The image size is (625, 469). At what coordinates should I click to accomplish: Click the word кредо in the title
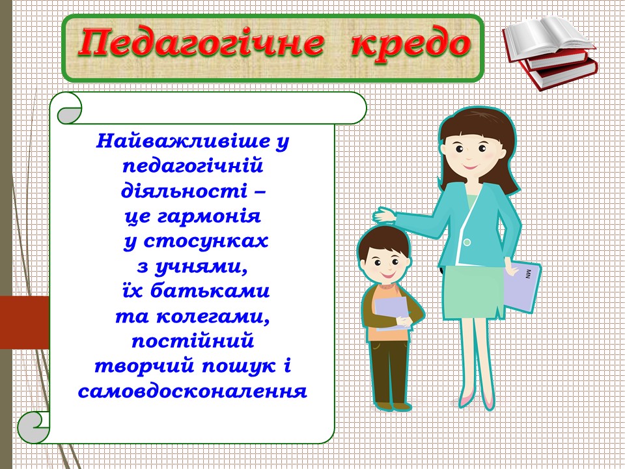[410, 45]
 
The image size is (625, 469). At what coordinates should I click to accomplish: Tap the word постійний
[193, 341]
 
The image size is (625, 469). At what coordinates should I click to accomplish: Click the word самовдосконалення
[192, 391]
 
